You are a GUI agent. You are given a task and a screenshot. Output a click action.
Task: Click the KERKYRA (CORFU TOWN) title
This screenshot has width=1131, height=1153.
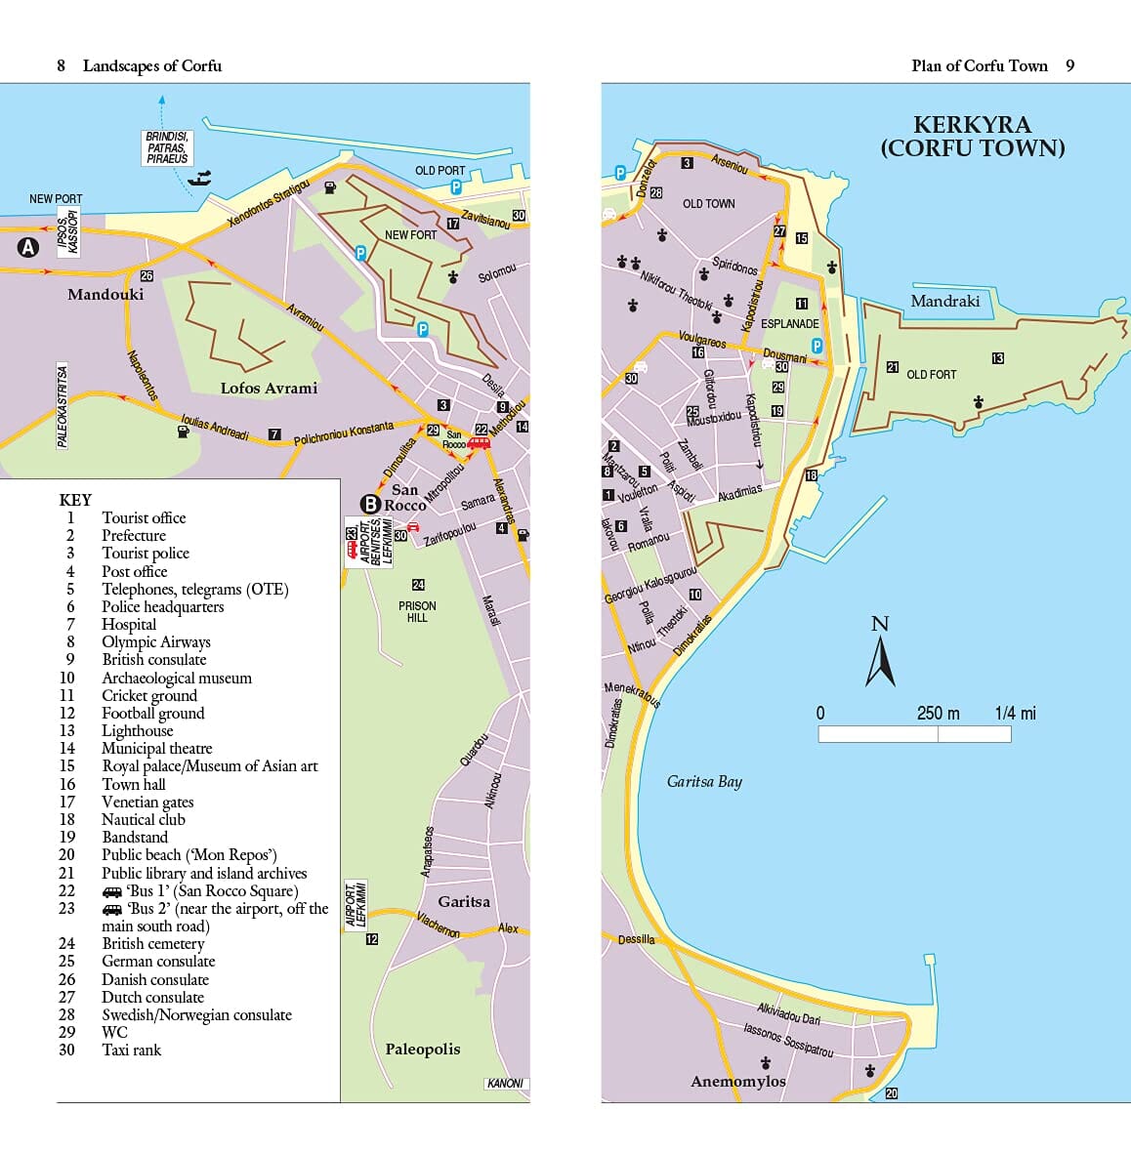click(x=972, y=137)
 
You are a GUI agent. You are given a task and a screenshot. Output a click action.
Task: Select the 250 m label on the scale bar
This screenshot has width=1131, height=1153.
click(x=938, y=714)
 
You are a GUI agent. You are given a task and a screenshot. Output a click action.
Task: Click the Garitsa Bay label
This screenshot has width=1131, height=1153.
click(x=704, y=781)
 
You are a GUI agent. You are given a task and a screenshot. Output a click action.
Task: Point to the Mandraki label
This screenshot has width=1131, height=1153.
click(x=944, y=302)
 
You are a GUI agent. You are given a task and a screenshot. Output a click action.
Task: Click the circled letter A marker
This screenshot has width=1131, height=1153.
click(x=27, y=247)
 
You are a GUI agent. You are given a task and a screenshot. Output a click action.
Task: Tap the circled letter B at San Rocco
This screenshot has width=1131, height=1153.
click(x=370, y=504)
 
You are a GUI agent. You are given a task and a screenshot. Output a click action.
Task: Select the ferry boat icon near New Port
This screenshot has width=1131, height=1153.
click(x=200, y=179)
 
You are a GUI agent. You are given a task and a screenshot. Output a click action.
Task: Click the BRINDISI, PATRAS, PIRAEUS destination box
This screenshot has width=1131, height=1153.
click(x=167, y=147)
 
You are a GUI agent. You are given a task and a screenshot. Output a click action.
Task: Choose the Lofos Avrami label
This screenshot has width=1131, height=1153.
click(x=269, y=389)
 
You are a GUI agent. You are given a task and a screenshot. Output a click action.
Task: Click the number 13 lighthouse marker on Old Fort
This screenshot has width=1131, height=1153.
click(x=997, y=358)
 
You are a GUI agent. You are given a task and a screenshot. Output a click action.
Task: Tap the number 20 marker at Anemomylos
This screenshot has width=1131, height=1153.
click(x=891, y=1093)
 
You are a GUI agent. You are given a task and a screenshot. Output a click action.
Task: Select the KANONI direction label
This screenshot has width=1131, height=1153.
click(x=505, y=1084)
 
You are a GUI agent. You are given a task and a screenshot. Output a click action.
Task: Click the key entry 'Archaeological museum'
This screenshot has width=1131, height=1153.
click(x=177, y=678)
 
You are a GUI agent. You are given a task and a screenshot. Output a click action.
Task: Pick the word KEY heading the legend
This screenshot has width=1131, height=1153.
click(x=75, y=500)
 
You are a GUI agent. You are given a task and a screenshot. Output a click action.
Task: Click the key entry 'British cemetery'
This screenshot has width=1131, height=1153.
click(x=153, y=943)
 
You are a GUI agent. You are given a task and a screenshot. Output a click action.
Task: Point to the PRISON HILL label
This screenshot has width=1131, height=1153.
click(x=417, y=611)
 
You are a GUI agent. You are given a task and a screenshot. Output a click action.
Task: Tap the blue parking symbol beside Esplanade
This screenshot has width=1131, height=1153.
click(x=817, y=346)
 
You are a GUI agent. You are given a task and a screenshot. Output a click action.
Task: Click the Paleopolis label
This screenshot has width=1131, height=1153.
click(x=422, y=1050)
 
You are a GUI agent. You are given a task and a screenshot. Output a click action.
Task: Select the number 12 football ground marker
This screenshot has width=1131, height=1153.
click(x=371, y=939)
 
